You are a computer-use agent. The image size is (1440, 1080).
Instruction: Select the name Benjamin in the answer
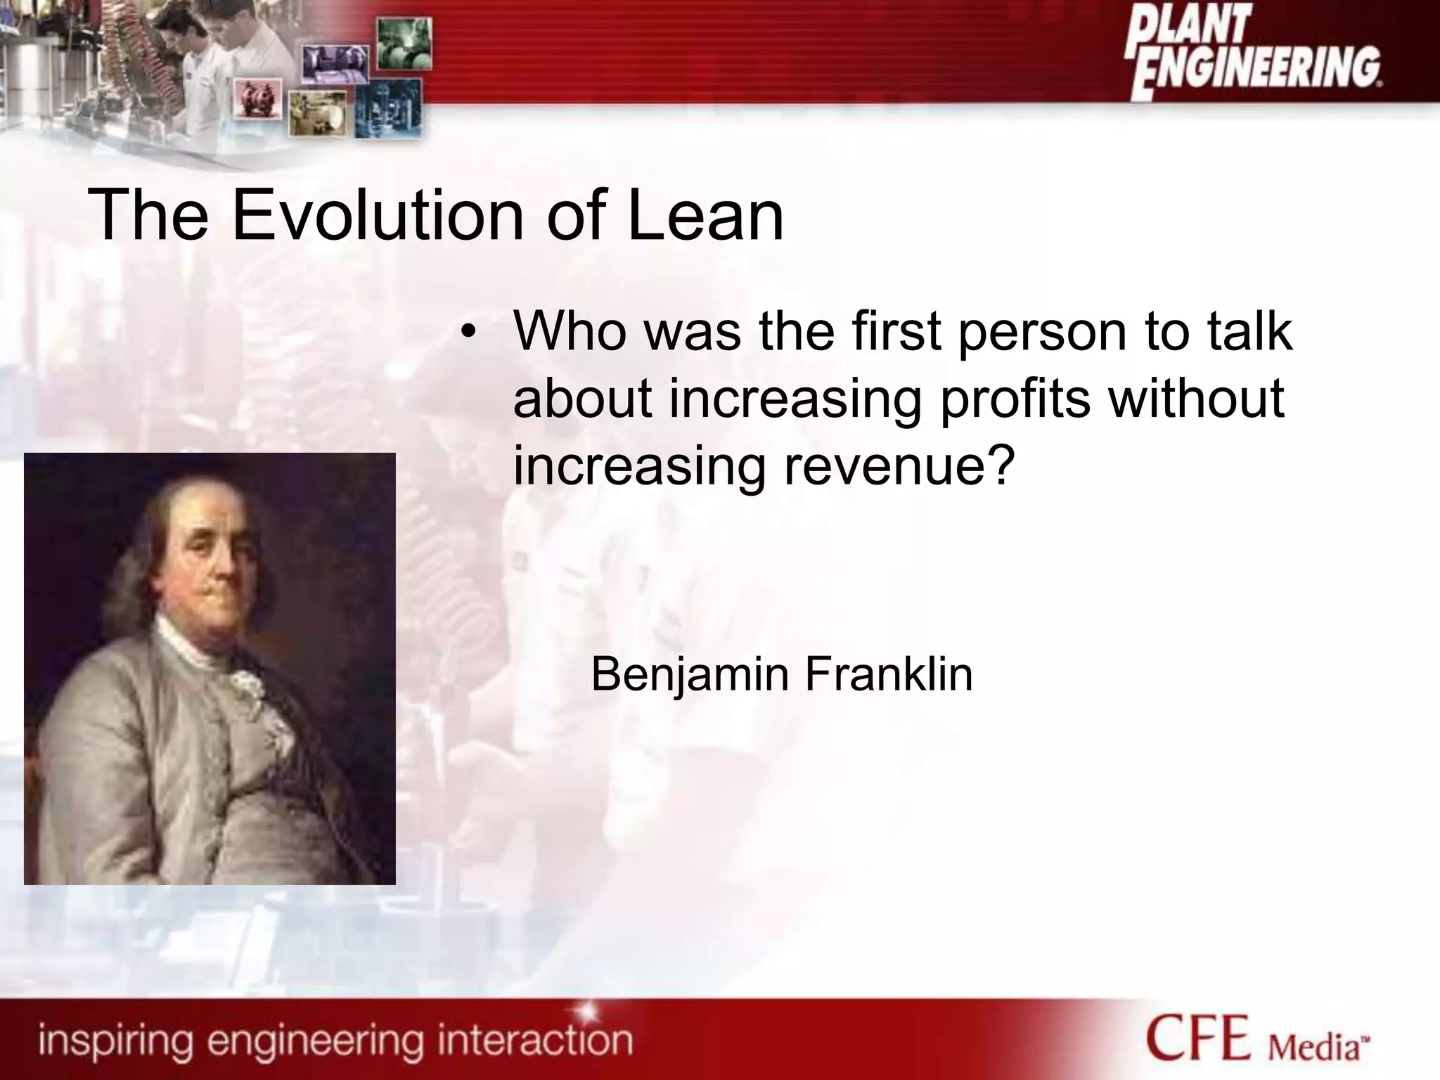pyautogui.click(x=690, y=675)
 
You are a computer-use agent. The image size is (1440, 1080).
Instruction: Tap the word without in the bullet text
pyautogui.click(x=1196, y=399)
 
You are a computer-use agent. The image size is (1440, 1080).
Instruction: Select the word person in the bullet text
pyautogui.click(x=1041, y=333)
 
